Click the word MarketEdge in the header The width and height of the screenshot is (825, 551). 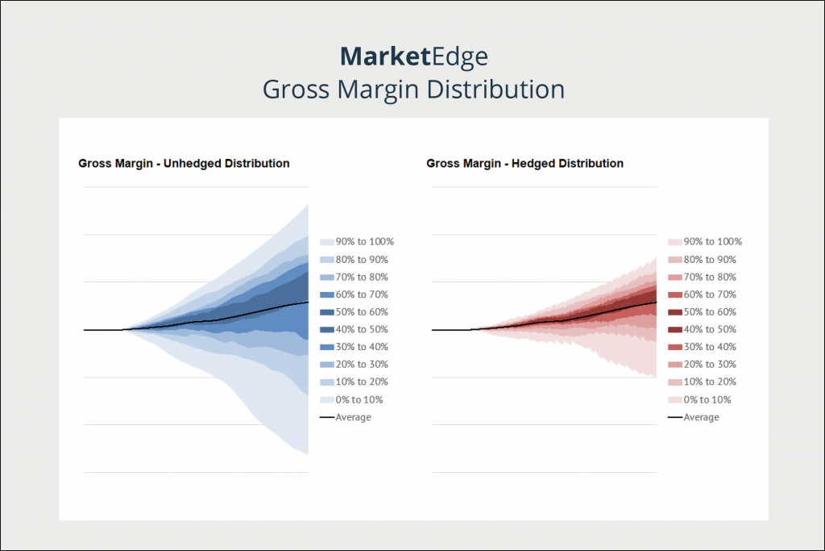413,56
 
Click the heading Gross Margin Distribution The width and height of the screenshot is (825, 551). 413,89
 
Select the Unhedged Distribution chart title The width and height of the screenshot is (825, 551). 184,163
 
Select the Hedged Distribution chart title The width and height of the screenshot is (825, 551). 524,163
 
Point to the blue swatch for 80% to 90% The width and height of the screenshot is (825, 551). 326,260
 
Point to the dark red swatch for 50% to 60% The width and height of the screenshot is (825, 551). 674,312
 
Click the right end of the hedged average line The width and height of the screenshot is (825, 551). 656,303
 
